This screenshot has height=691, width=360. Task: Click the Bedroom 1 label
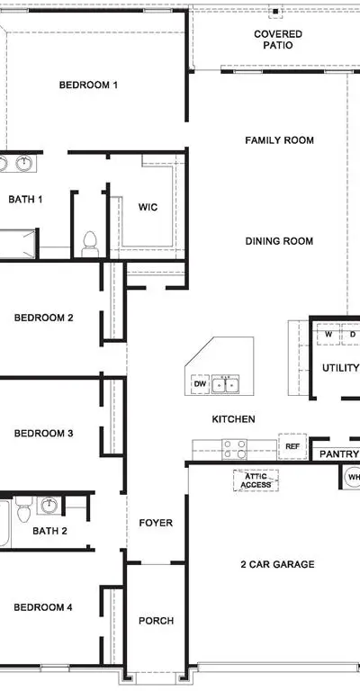[88, 85]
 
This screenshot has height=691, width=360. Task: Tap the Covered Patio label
[278, 40]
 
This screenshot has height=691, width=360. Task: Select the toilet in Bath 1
[90, 244]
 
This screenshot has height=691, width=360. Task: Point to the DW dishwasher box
[200, 384]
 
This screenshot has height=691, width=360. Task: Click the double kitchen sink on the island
[225, 384]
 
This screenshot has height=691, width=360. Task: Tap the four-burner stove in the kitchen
[234, 449]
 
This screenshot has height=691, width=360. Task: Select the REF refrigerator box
[292, 446]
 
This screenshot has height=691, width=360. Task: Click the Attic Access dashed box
[256, 480]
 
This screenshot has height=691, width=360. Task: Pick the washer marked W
[328, 334]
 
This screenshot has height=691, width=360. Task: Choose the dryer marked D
[351, 334]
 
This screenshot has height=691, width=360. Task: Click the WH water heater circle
[353, 477]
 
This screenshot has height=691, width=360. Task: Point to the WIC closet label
[148, 207]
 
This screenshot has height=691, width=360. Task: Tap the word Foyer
[156, 523]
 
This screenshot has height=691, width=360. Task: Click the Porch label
[156, 621]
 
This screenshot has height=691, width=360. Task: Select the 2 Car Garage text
[277, 564]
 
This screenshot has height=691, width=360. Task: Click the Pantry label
[338, 454]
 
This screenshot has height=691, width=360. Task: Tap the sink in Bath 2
[49, 505]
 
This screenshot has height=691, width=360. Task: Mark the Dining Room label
[279, 241]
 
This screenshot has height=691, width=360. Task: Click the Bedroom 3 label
[43, 434]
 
